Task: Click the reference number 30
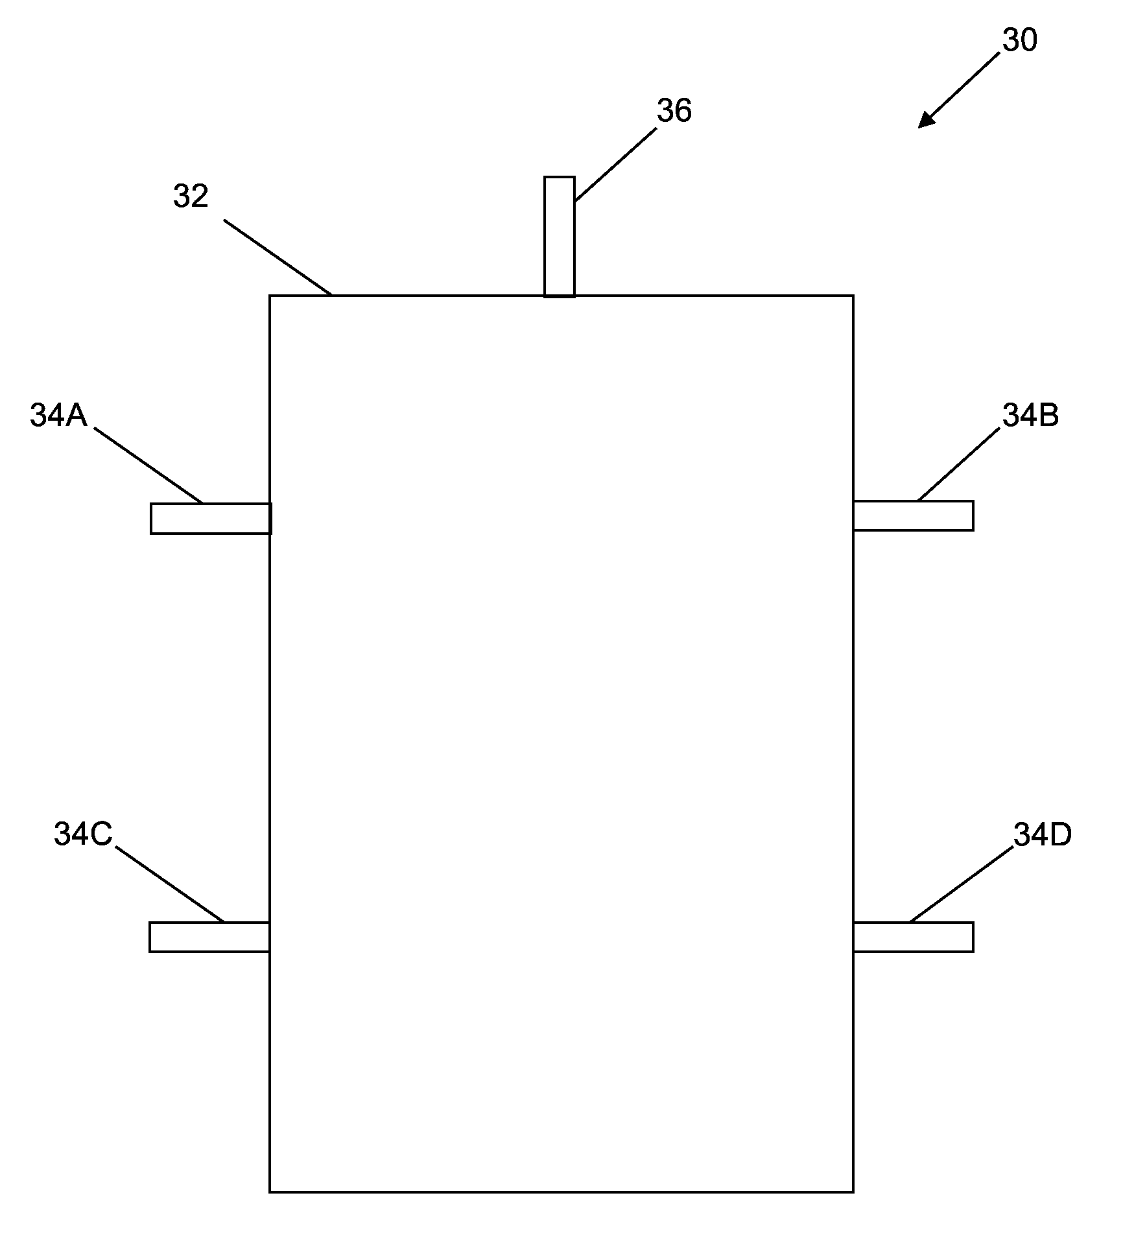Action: tap(1020, 40)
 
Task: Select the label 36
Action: tap(674, 111)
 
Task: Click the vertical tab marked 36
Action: tap(559, 237)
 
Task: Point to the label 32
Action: tap(191, 196)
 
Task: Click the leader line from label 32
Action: tap(278, 257)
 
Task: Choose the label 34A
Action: tap(58, 416)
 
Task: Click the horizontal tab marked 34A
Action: tap(211, 519)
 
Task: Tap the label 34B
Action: tap(1031, 415)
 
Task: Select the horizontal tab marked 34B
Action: tap(913, 515)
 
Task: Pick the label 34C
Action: tap(83, 834)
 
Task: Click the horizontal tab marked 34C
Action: tap(209, 937)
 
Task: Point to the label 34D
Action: tap(1043, 835)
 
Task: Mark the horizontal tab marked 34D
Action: tap(913, 937)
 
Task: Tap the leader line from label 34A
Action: tap(148, 464)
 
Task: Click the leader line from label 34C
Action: tap(170, 884)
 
